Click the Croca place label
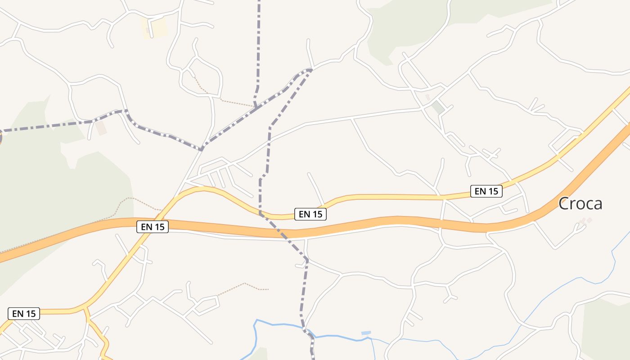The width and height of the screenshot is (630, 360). point(580,204)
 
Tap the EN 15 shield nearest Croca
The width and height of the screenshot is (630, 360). point(486,191)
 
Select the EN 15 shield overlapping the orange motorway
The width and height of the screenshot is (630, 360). point(153,227)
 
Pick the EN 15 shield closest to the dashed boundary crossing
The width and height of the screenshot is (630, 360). point(310,214)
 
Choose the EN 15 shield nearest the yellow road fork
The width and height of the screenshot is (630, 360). point(24,314)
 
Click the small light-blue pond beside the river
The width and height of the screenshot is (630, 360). point(366,333)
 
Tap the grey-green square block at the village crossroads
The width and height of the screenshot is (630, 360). point(437,108)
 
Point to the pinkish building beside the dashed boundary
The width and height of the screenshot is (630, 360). point(101,128)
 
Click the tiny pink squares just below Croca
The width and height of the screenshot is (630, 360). point(585,220)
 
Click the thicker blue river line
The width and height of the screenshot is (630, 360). point(279,324)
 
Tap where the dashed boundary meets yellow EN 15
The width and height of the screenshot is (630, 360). point(261,213)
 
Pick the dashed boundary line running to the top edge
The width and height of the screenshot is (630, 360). point(259,45)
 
